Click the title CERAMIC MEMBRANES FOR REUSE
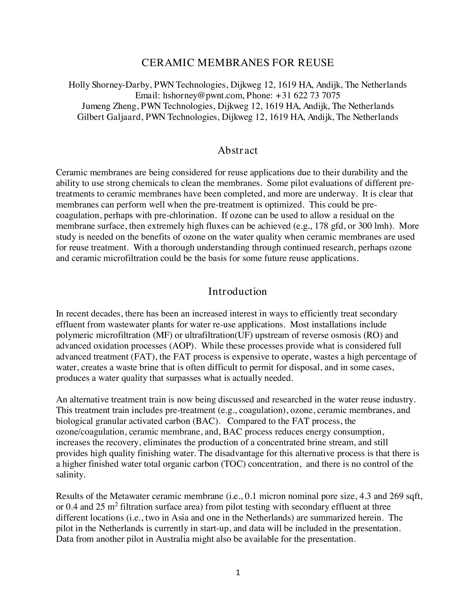(237, 63)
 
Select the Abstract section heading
(237, 150)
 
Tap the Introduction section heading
(237, 291)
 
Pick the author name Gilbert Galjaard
(109, 117)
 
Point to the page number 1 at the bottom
(238, 573)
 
